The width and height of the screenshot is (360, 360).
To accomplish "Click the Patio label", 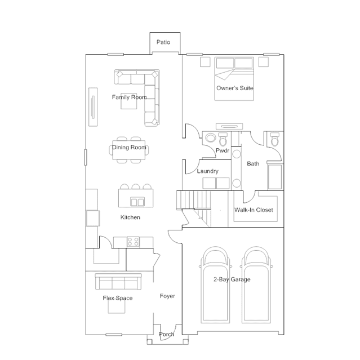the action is click(163, 42).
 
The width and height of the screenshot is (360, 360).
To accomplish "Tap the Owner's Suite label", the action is click(234, 88).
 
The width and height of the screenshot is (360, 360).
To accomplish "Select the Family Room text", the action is click(129, 97).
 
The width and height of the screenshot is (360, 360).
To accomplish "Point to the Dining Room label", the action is click(129, 147).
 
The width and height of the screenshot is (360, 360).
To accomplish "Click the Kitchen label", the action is click(130, 217).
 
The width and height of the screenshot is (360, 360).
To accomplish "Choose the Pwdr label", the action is click(223, 150).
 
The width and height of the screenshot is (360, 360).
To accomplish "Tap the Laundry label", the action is click(207, 171).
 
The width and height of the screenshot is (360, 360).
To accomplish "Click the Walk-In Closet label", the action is click(254, 210).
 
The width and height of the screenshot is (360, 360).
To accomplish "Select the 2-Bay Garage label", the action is click(232, 279).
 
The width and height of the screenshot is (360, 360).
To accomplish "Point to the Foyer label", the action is click(167, 296).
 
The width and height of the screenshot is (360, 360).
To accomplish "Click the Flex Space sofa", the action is click(118, 282).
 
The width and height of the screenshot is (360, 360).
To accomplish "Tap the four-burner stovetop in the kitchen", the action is click(133, 242).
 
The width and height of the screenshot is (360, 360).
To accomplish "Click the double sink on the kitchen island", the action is click(137, 202).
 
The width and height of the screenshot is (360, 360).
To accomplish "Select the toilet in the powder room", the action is click(223, 139).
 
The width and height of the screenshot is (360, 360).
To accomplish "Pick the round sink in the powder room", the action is click(210, 138).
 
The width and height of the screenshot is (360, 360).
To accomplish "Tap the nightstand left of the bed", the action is click(205, 62).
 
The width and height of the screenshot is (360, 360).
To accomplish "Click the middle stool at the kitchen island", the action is click(136, 186).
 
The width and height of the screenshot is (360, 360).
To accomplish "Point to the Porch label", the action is click(167, 334).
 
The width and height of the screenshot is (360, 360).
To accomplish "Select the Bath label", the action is click(253, 164).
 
